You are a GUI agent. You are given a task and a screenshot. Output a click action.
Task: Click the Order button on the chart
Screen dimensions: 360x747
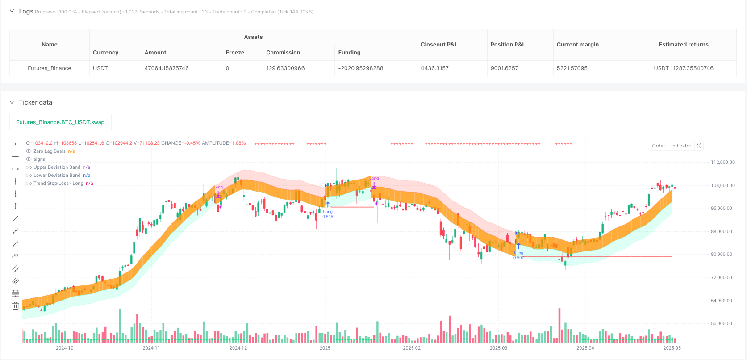pos(658,146)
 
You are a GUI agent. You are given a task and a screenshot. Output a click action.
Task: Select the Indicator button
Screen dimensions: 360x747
pos(681,146)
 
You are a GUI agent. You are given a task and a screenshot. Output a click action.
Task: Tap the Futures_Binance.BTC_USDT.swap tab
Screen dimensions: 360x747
pos(60,122)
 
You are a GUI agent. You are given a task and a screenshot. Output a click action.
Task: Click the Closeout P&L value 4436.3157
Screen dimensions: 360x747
pos(434,68)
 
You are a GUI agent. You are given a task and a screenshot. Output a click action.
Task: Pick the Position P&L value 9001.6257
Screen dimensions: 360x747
pos(504,68)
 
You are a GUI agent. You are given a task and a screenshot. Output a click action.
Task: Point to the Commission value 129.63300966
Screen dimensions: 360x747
pos(285,68)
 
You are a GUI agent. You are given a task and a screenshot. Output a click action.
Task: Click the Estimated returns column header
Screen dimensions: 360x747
pos(683,45)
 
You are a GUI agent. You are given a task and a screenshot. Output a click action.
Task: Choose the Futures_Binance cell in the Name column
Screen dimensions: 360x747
pos(50,68)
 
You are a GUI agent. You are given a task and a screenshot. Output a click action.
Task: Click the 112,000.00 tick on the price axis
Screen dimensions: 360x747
pos(722,162)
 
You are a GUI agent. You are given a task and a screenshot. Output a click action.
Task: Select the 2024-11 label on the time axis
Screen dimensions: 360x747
pos(151,348)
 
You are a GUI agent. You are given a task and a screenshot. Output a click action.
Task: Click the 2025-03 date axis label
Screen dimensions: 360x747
pos(498,348)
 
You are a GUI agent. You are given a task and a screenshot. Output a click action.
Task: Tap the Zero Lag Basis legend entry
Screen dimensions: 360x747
pos(49,151)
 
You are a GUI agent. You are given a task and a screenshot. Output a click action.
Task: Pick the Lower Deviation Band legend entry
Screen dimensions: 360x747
pos(57,175)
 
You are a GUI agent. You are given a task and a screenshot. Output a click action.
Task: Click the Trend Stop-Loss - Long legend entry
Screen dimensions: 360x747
pos(58,183)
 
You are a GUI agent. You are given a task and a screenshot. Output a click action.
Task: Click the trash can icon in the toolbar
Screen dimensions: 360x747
pos(15,306)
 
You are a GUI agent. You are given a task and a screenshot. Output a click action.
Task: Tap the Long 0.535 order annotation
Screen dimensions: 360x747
pos(328,214)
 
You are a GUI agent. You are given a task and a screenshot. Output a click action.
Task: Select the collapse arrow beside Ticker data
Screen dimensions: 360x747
pos(12,102)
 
